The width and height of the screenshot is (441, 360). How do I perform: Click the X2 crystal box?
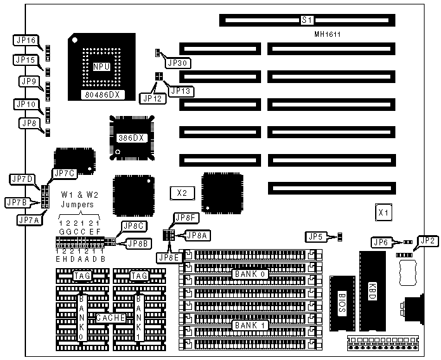tap(183, 192)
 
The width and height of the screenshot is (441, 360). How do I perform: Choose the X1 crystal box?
tap(383, 213)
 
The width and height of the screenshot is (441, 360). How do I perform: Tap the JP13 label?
tap(180, 91)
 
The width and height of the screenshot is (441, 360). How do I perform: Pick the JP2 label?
tap(428, 241)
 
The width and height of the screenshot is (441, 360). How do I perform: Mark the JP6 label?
tap(381, 241)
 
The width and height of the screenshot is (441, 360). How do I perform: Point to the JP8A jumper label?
tap(195, 235)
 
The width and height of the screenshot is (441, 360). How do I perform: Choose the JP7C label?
tap(65, 173)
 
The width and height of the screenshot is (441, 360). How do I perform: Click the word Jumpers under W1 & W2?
tap(77, 205)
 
